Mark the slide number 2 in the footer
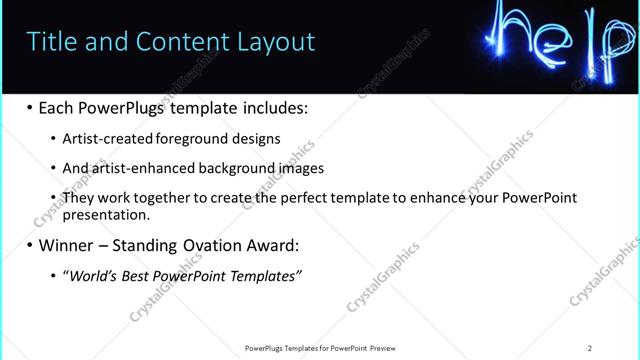[590, 348]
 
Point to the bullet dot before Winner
[30, 245]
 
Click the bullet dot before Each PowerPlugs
[30, 108]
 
